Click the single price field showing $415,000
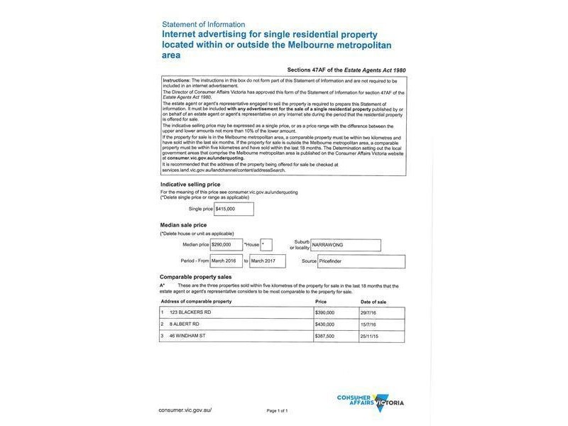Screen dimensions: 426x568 coord(234,209)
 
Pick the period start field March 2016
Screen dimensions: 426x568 coord(227,261)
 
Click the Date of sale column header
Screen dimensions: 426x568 coord(373,301)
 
